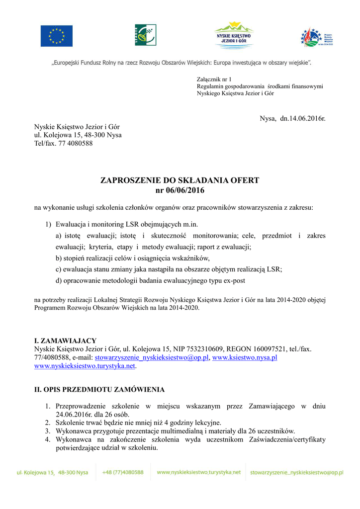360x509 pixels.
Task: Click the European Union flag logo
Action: tap(56, 36)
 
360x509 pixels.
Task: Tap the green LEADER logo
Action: tap(145, 35)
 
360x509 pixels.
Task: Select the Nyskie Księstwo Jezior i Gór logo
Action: tap(233, 35)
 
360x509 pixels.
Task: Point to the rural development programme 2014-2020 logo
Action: tap(316, 37)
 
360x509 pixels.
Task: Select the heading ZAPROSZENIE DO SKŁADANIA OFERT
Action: tap(180, 180)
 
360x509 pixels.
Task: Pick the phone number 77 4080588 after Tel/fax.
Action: tap(76, 144)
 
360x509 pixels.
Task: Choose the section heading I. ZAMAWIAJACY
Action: tap(65, 340)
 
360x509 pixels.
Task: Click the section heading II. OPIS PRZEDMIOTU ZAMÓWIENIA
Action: tap(99, 389)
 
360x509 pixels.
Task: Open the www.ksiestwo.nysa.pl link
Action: tap(245, 357)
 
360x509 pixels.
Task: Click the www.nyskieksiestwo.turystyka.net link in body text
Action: tap(85, 366)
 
